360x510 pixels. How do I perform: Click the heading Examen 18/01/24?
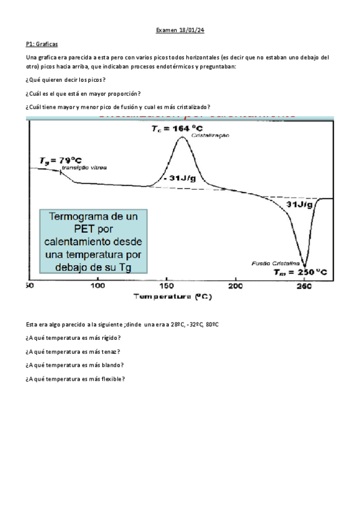point(180,29)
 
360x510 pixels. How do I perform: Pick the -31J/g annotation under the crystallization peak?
point(181,179)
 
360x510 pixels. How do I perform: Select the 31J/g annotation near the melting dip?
point(298,205)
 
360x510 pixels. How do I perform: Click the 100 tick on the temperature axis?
point(97,286)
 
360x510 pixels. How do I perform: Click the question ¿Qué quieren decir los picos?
point(66,80)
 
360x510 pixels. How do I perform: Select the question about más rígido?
point(73,338)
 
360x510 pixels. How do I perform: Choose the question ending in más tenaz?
point(73,351)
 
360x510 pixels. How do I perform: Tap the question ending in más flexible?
point(75,378)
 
